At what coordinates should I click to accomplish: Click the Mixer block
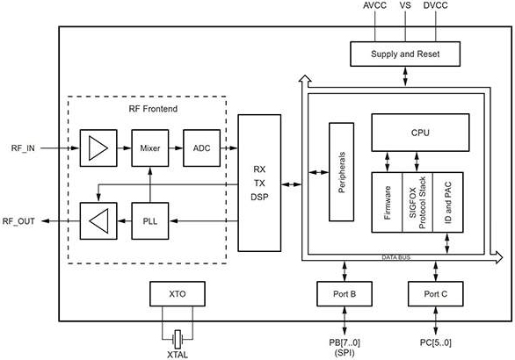pos(150,148)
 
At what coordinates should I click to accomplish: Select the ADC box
pos(201,148)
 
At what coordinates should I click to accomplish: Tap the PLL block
pos(150,221)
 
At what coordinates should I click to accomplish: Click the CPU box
pos(420,133)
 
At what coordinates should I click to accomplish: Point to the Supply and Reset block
pos(405,54)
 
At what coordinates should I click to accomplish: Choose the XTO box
pos(178,294)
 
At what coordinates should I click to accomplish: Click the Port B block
pos(345,294)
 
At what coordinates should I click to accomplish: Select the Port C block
pos(436,294)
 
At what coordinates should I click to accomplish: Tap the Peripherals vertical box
pos(342,172)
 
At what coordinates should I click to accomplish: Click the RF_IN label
pos(23,148)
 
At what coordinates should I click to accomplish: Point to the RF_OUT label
pos(18,221)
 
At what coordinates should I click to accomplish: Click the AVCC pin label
pos(374,5)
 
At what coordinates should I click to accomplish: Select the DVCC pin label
pos(436,5)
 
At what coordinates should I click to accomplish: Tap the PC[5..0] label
pos(436,342)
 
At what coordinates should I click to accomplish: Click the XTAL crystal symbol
pos(178,339)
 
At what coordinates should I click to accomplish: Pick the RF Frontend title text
pos(153,109)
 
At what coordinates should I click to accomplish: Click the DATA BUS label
pos(396,257)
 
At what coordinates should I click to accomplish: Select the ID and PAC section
pos(448,203)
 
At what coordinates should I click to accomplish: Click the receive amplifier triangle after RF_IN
pos(98,148)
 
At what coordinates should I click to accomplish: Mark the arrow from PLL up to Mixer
pos(150,184)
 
